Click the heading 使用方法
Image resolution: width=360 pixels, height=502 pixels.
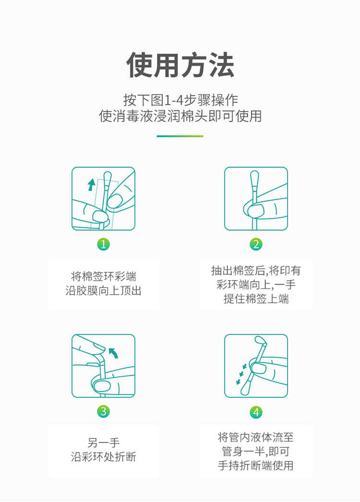point(180,65)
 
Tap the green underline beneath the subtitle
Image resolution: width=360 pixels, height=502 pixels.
point(180,136)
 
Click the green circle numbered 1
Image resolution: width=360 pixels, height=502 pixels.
point(103,244)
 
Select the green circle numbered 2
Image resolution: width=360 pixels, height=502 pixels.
point(256,244)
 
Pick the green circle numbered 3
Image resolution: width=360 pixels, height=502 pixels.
point(103,411)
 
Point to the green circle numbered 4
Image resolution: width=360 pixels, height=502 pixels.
point(256,412)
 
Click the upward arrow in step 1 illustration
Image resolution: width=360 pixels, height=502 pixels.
point(91,184)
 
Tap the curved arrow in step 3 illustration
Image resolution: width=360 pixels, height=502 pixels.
point(113,353)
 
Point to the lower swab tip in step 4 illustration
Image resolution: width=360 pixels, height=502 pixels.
point(244,388)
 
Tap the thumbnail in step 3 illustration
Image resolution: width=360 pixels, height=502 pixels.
point(102,385)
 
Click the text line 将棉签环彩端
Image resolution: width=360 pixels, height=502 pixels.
point(103,277)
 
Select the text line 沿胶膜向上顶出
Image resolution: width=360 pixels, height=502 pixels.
point(103,291)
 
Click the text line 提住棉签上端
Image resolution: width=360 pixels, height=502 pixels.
point(256,299)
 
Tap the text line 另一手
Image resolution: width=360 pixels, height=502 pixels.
point(103,442)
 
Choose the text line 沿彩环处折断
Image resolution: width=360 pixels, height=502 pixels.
point(103,457)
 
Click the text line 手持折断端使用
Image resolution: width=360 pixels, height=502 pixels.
point(256,466)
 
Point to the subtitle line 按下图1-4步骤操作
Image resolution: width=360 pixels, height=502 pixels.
point(180,100)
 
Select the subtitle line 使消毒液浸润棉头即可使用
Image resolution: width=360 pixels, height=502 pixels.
point(180,116)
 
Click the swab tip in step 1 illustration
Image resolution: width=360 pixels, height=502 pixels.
point(107,176)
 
